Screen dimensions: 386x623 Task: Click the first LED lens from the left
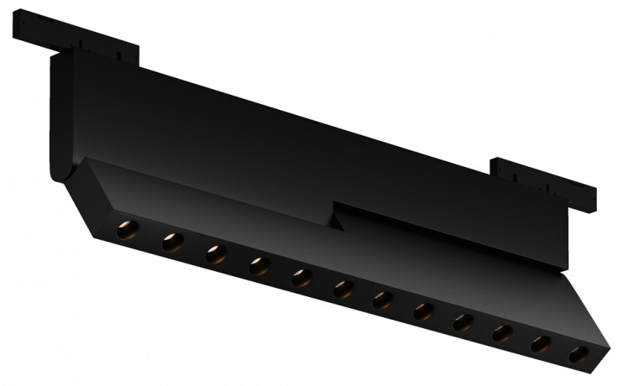(x=127, y=229)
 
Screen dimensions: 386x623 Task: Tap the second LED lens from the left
(x=172, y=243)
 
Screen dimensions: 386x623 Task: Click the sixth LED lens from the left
(x=344, y=289)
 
